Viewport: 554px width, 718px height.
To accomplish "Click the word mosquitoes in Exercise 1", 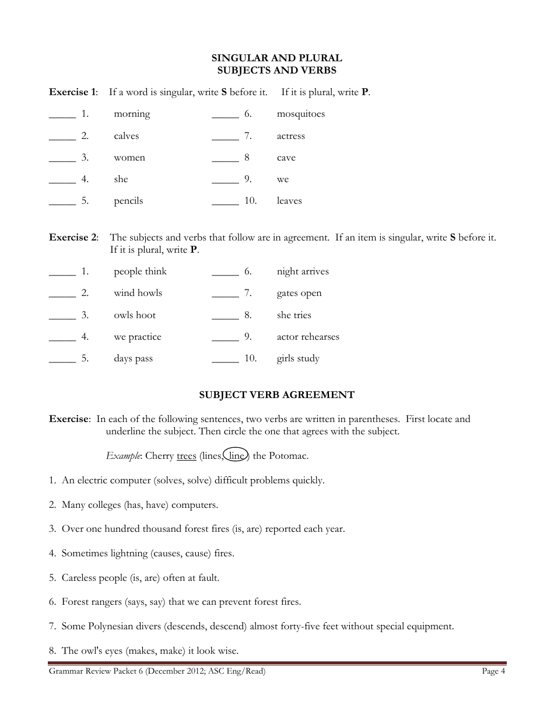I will (300, 114).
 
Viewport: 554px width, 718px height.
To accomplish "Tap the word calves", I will (127, 136).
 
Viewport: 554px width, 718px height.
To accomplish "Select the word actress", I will (290, 136).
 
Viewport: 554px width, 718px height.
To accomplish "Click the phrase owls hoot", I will (135, 315).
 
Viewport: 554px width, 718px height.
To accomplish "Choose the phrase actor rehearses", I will (307, 337).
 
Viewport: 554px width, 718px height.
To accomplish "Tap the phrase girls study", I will (298, 358).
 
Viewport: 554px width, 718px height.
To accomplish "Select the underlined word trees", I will (186, 456).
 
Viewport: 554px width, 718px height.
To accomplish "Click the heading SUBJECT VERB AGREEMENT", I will (276, 395).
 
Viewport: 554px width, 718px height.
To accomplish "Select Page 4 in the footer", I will (493, 671).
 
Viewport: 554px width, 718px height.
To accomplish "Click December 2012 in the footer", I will (173, 671).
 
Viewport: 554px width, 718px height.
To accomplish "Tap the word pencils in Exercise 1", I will (128, 201).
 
